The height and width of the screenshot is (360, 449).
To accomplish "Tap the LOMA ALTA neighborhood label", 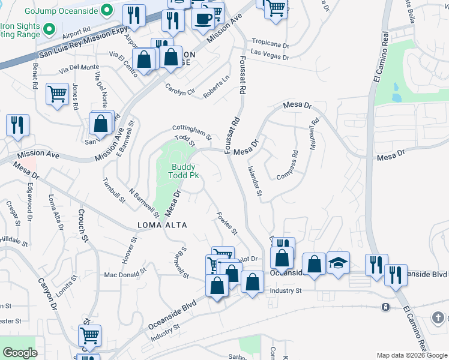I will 163,225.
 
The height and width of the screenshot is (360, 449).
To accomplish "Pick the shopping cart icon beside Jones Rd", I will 57,94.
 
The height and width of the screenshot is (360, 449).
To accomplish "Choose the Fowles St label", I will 228,223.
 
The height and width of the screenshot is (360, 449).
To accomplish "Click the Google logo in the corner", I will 20,353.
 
